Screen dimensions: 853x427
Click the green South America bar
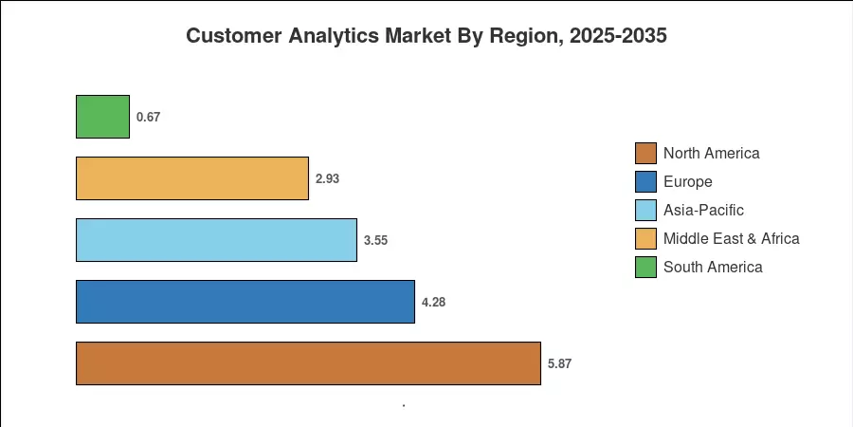pyautogui.click(x=102, y=117)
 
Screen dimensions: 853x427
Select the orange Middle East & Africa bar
pyautogui.click(x=192, y=178)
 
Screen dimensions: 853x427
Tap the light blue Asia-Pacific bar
pyautogui.click(x=216, y=240)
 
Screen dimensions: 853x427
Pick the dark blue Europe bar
pyautogui.click(x=245, y=301)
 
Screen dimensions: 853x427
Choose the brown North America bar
pyautogui.click(x=308, y=362)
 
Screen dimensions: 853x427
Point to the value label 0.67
pyautogui.click(x=148, y=117)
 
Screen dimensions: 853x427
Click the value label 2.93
pyautogui.click(x=328, y=178)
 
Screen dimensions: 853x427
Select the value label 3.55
pyautogui.click(x=376, y=240)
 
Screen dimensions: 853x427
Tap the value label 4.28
pyautogui.click(x=433, y=302)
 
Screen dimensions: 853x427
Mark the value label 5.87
pyautogui.click(x=560, y=363)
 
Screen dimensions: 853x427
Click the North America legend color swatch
pyautogui.click(x=645, y=153)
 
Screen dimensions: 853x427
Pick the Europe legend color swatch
pyautogui.click(x=645, y=181)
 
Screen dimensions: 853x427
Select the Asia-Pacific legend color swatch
pyautogui.click(x=645, y=210)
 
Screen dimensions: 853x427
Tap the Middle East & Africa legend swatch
pyautogui.click(x=645, y=238)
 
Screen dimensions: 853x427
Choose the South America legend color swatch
pyautogui.click(x=645, y=267)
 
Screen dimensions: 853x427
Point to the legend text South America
pyautogui.click(x=713, y=267)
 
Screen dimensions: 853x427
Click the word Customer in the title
pyautogui.click(x=234, y=36)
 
